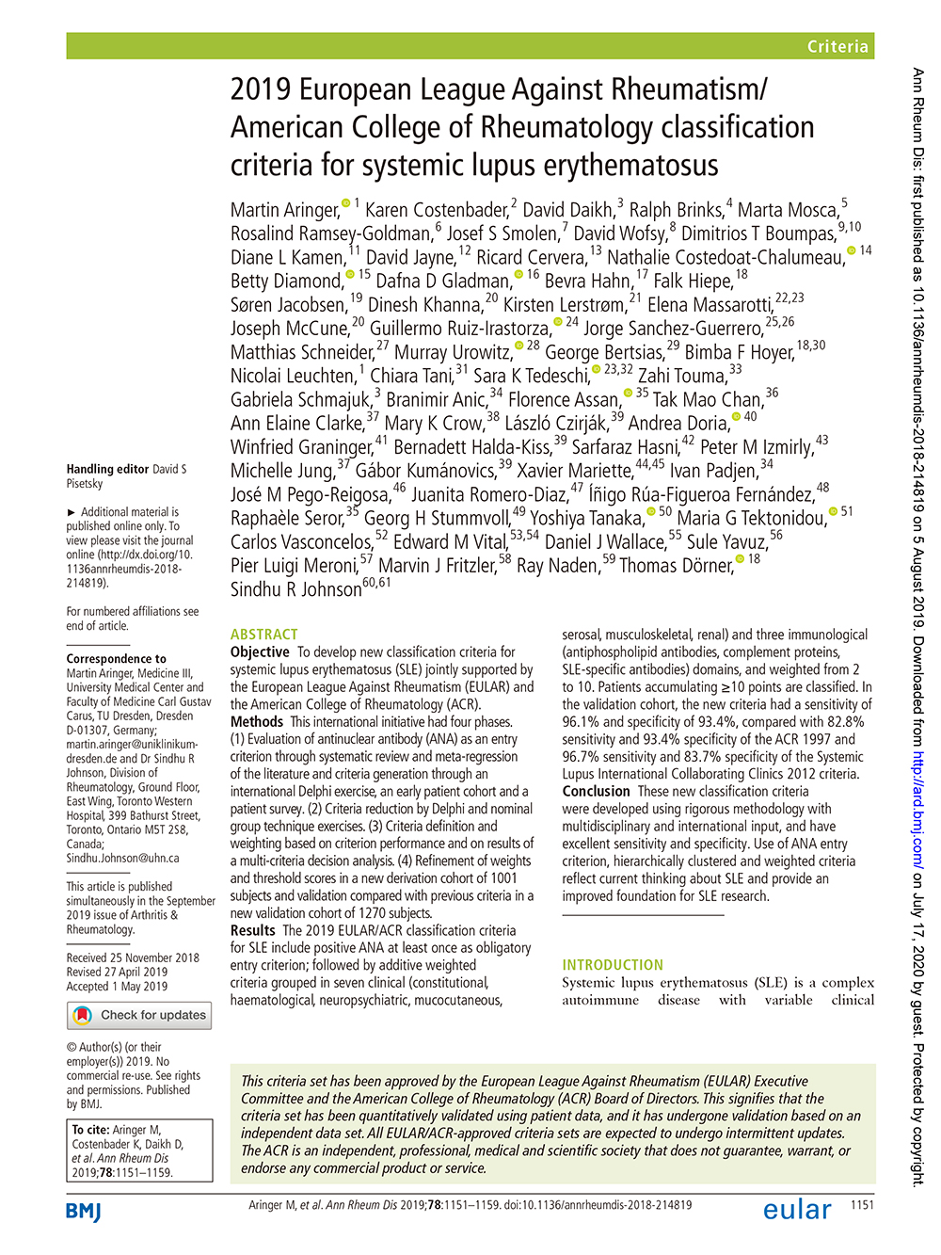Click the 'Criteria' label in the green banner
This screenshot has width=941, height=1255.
tap(837, 46)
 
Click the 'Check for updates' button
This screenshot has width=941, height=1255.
tap(139, 1015)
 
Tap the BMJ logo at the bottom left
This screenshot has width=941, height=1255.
tap(84, 1211)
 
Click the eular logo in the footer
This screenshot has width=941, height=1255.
tap(797, 1210)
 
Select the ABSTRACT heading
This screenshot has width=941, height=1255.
tap(263, 635)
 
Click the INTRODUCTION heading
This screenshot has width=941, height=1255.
tap(613, 965)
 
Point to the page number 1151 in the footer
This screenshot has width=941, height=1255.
tap(862, 1205)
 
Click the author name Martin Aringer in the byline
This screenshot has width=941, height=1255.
tap(284, 210)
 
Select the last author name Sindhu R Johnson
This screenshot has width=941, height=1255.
tap(295, 589)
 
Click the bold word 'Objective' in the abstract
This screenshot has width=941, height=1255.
tap(260, 652)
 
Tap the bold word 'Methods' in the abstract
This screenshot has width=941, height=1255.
tap(257, 722)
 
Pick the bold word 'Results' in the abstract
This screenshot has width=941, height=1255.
tap(252, 930)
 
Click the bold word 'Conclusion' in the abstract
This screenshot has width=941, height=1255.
tap(596, 792)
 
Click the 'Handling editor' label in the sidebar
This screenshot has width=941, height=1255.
tap(107, 469)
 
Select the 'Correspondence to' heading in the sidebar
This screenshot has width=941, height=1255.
tap(116, 659)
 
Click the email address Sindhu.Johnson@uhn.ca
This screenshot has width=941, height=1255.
tap(122, 858)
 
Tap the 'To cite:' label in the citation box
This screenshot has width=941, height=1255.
tap(91, 1130)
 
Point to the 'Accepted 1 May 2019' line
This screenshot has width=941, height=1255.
tap(117, 987)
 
